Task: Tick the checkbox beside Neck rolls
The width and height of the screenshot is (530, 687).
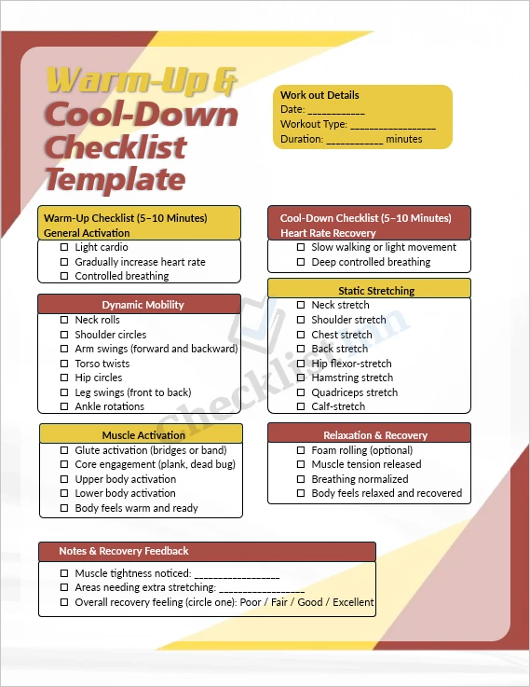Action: [64, 321]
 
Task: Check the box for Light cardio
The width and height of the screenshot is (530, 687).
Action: [64, 248]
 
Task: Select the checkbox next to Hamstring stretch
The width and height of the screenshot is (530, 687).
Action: [301, 378]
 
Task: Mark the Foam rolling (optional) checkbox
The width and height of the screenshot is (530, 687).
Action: [301, 450]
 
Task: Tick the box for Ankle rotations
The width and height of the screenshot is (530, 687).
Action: [64, 407]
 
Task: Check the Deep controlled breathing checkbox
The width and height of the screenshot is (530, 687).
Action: [301, 263]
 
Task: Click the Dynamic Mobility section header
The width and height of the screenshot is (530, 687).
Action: [143, 305]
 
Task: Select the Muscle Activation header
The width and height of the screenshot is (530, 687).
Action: [143, 435]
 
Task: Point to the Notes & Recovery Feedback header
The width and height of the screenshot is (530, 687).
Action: [124, 551]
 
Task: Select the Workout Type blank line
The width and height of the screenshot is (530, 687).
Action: [393, 125]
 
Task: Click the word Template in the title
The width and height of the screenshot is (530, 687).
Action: [116, 177]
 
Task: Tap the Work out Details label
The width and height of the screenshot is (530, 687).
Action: [319, 95]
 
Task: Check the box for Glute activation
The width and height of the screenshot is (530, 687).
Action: [64, 450]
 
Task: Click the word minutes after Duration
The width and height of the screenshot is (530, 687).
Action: [404, 139]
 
